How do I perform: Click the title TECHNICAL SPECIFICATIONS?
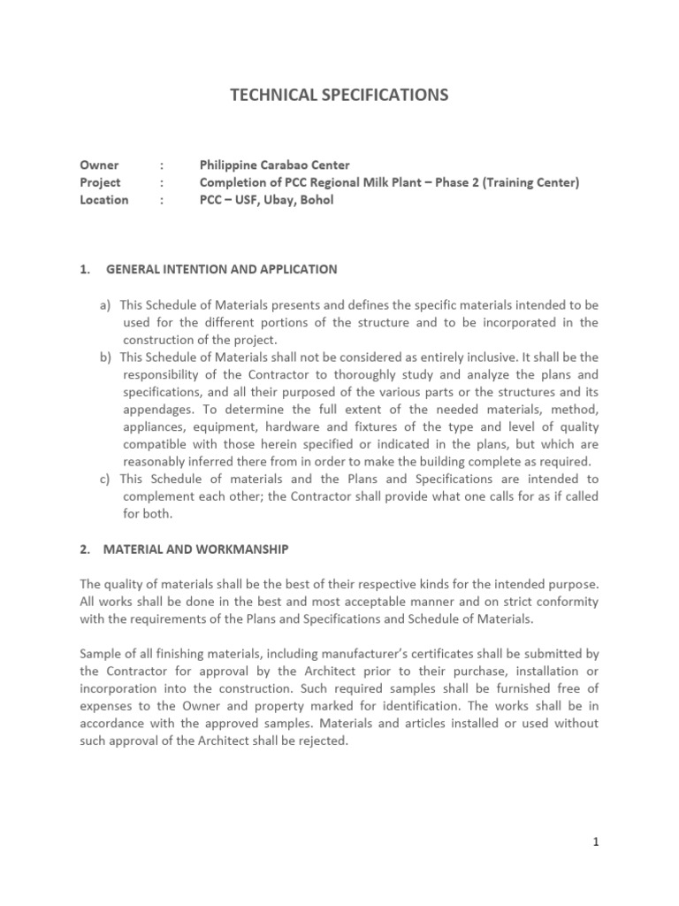339,95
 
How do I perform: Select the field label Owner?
99,165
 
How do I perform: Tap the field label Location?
103,200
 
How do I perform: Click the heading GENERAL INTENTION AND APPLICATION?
220,269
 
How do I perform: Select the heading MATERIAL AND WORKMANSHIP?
196,549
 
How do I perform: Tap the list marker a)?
105,305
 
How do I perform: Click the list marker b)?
105,357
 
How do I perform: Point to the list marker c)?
105,480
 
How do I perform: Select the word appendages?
156,410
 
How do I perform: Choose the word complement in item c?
159,496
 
